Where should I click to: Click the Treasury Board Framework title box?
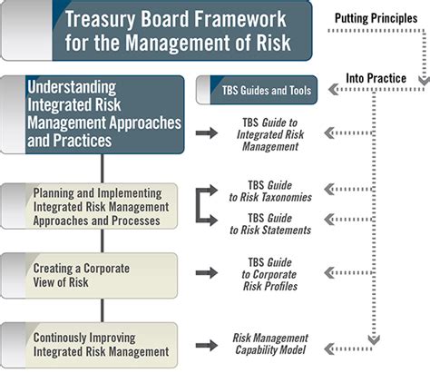pos(157,30)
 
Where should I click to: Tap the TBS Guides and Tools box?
pos(257,90)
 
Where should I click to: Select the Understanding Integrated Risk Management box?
pos(93,114)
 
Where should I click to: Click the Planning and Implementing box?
pos(89,206)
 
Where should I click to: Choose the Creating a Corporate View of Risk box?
pos(89,276)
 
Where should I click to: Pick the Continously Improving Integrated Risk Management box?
pos(89,345)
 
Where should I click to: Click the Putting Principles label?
pos(376,18)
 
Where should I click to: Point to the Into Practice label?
pos(376,78)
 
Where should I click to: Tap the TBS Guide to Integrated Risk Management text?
pos(270,134)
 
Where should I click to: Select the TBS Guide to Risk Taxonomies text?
pos(270,191)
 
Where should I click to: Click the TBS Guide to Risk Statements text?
pos(270,224)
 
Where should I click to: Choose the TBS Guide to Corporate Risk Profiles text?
pos(270,274)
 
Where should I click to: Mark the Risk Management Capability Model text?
pos(270,344)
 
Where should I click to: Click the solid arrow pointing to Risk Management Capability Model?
pos(207,345)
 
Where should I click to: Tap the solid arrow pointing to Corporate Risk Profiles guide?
pos(207,273)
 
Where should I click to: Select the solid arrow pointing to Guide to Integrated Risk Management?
pos(207,133)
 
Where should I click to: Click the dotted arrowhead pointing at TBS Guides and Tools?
pos(333,90)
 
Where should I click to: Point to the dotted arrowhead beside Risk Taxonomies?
pos(329,189)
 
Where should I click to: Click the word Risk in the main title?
pos(273,43)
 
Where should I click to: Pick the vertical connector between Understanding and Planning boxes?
pos(103,169)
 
